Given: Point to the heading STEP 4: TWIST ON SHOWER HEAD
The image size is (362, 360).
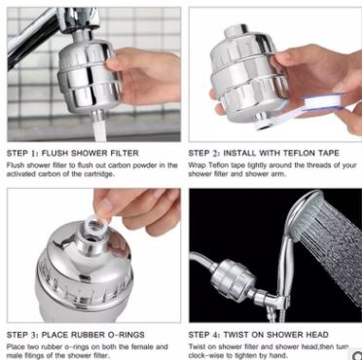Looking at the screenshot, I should click(264, 333).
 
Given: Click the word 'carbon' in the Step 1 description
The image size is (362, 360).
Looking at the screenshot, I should click(125, 165).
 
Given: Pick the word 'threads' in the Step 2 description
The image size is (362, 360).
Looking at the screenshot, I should click(310, 165).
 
